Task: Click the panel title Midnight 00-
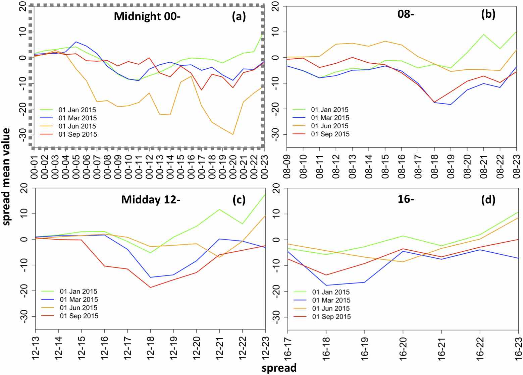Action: (147, 16)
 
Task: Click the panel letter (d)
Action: (488, 200)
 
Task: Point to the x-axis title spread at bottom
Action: (279, 368)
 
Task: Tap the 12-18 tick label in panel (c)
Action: (150, 347)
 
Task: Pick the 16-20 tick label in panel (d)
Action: (403, 347)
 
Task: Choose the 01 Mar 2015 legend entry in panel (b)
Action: (330, 118)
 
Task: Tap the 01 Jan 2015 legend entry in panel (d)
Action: (331, 292)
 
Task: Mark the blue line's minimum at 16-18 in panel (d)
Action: (326, 285)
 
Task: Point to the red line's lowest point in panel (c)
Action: (150, 287)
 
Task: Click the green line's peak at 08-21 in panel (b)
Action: (484, 34)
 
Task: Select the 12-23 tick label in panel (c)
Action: (265, 347)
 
